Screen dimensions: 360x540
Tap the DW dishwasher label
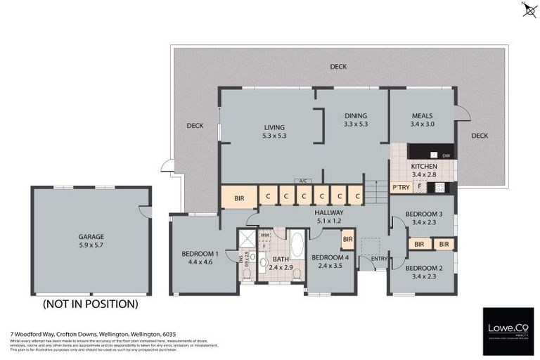click(x=446, y=154)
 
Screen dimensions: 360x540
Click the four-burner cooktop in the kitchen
click(x=440, y=187)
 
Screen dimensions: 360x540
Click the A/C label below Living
click(x=303, y=181)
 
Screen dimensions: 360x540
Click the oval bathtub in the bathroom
click(x=296, y=245)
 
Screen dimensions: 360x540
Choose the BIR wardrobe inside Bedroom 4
click(x=347, y=239)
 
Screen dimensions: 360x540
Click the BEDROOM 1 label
click(x=200, y=257)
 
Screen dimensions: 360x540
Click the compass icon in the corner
click(x=529, y=10)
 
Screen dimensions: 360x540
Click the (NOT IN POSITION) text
click(x=90, y=304)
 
